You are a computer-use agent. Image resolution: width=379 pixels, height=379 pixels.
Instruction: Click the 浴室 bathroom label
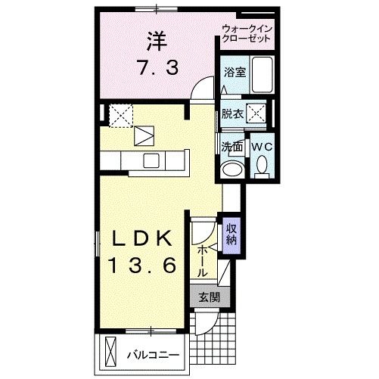pyautogui.click(x=233, y=73)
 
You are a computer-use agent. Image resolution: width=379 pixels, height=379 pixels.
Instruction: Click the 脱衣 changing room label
pyautogui.click(x=231, y=114)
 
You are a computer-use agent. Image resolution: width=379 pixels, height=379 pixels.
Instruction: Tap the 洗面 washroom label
pyautogui.click(x=231, y=146)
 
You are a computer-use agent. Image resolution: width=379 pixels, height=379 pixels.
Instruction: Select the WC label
pyautogui.click(x=262, y=146)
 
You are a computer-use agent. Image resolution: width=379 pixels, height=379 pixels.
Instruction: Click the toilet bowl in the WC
pyautogui.click(x=262, y=163)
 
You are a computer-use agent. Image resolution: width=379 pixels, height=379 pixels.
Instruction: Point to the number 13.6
pyautogui.click(x=144, y=266)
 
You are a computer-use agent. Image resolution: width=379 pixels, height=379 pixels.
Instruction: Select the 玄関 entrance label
pyautogui.click(x=210, y=297)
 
